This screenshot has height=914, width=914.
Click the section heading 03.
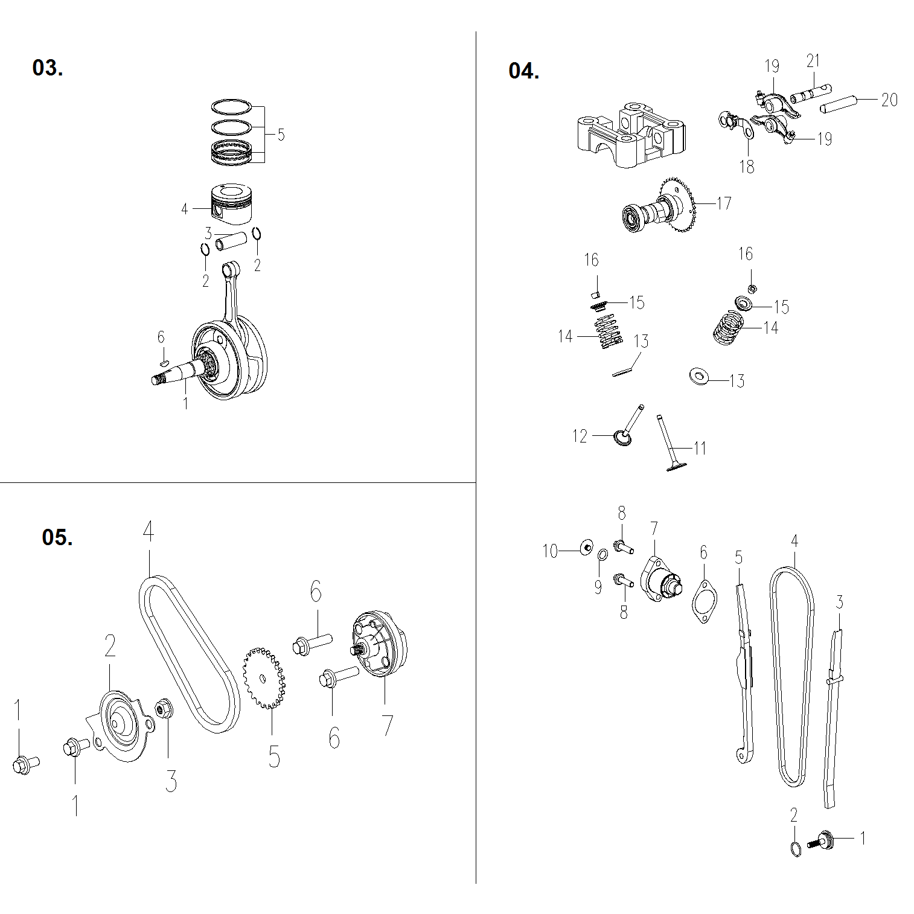point(47,68)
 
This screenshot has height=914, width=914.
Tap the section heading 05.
point(57,537)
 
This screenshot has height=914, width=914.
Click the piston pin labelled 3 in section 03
point(232,241)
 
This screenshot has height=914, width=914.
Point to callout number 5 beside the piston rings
point(281,134)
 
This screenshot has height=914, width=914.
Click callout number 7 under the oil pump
point(386,726)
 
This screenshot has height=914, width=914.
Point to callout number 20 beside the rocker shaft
point(889,100)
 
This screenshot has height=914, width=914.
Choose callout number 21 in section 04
point(813,61)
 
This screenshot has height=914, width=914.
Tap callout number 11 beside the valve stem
point(700,448)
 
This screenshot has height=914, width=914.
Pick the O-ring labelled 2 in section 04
point(796,849)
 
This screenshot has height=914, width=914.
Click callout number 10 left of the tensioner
point(550,551)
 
